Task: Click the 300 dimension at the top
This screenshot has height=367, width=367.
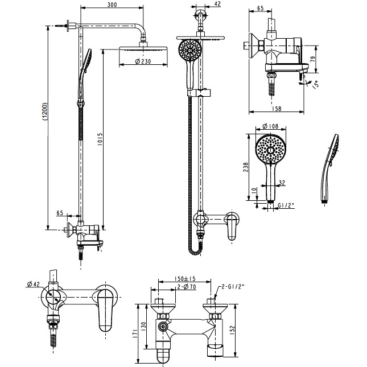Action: coord(112,5)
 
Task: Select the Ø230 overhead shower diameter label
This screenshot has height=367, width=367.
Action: coord(143,61)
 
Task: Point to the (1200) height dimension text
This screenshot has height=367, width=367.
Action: coord(45,112)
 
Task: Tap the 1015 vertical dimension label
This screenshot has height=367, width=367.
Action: coord(100,139)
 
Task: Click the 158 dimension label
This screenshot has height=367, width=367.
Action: coord(277,109)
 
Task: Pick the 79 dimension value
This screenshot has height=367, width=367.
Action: coord(313,59)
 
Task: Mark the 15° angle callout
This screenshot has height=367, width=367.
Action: coord(316,84)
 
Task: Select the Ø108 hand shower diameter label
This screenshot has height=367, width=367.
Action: coord(271,126)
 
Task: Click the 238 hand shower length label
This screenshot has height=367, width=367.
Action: coord(246,167)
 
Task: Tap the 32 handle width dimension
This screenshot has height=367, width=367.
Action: coord(282,182)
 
